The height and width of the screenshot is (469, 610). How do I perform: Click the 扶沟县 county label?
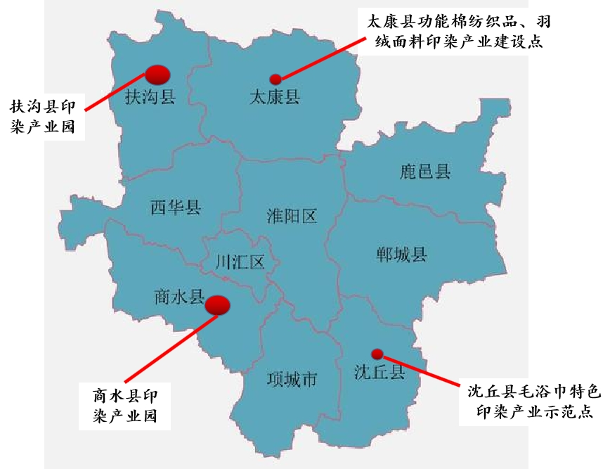pyautogui.click(x=149, y=96)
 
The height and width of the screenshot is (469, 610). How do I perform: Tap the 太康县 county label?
pyautogui.click(x=275, y=96)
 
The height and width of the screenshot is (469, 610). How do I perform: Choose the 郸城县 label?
pyautogui.click(x=401, y=254)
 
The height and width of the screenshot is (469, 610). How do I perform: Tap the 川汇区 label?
pyautogui.click(x=240, y=263)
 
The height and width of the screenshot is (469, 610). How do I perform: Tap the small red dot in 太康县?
pyautogui.click(x=275, y=79)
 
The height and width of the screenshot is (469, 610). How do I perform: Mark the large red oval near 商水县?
pyautogui.click(x=217, y=304)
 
